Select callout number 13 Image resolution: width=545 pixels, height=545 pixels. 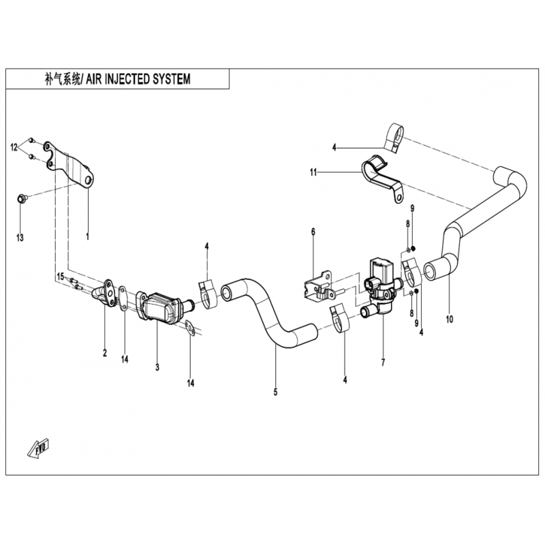20,238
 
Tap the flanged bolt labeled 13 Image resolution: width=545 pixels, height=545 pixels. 21,199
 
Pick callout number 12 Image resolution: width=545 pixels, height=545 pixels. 14,148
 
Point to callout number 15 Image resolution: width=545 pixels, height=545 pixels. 61,277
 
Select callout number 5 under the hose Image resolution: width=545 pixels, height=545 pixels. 275,392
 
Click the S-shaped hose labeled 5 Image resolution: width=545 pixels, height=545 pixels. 269,313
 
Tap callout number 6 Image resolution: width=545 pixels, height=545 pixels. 313,232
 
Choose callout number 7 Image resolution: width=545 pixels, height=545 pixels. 383,362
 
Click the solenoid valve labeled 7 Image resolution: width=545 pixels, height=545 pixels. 380,285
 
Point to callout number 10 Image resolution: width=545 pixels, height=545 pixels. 450,319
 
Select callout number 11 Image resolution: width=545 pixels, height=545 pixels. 313,172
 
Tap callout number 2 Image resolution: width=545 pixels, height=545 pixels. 105,353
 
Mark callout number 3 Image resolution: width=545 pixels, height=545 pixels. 157,367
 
